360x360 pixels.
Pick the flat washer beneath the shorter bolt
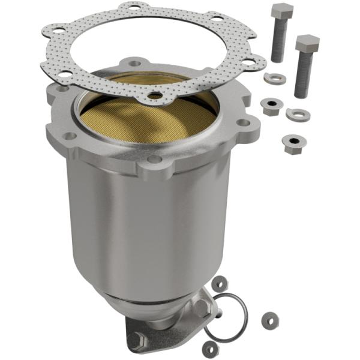click(x=298, y=113)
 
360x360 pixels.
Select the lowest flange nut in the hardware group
click(x=292, y=143)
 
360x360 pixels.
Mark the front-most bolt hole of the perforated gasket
click(x=155, y=95)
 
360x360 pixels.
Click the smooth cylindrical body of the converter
click(x=156, y=228)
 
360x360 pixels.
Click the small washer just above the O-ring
click(x=220, y=281)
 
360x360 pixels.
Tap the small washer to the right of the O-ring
click(x=267, y=316)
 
